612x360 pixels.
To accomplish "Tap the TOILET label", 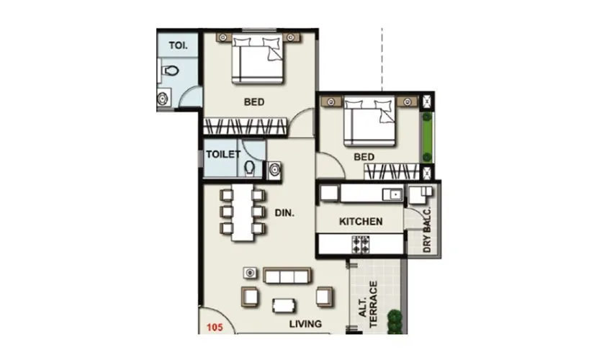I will [x=222, y=155].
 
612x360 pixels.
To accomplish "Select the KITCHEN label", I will [x=360, y=221].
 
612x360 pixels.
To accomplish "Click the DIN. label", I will [x=285, y=212].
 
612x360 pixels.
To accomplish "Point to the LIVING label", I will [x=305, y=324].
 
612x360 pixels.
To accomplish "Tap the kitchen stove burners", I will [x=360, y=245].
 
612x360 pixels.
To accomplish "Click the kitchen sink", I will [x=393, y=194].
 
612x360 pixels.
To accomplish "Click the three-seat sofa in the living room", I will [x=287, y=276].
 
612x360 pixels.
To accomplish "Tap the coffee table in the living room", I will [x=284, y=305].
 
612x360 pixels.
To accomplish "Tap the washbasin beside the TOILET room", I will [x=274, y=170].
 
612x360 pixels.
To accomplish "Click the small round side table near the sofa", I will [x=250, y=274].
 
